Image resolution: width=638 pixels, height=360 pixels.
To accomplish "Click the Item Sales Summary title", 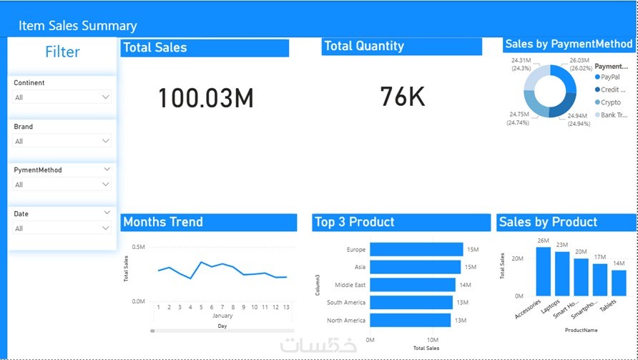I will coord(77,26).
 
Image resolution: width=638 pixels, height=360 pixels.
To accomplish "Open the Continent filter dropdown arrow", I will coord(106,97).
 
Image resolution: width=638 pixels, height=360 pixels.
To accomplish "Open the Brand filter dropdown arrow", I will coord(106,141).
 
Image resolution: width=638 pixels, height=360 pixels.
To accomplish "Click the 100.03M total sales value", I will coord(205,98).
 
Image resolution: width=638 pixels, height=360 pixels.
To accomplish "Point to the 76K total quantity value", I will coord(403,96).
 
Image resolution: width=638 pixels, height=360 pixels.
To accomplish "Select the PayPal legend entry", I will coord(610,77).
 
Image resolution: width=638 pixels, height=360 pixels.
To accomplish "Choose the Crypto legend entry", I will coord(611,102).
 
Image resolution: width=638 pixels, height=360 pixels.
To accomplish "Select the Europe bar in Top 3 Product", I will coord(416,249).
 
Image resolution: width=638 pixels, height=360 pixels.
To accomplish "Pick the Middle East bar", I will coord(412,285).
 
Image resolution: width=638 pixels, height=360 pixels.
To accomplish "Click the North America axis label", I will coord(346,321).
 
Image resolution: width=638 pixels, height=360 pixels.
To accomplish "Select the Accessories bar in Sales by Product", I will coord(543,271).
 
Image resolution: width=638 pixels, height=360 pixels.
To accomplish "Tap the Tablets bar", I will coord(619,283).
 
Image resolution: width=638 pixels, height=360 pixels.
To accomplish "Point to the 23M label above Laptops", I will coord(562,245).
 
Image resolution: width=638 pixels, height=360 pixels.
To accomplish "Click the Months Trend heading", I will coord(163,222).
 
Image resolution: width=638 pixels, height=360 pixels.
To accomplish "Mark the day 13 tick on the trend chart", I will coord(286,307).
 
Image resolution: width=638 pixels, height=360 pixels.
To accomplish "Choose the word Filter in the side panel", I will coord(62,52).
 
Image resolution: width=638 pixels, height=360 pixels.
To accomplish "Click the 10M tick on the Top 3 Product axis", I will coord(432,340).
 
